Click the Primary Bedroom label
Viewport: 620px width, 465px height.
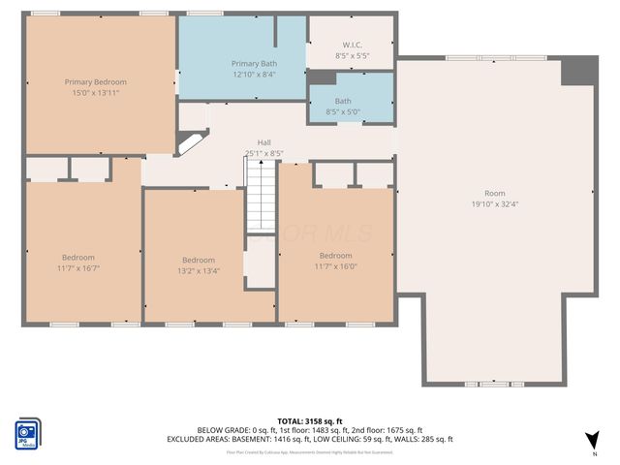click(x=95, y=82)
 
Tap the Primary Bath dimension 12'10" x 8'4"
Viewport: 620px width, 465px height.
click(x=253, y=75)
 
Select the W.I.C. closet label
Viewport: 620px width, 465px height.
click(x=352, y=45)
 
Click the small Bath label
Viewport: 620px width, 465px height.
click(x=343, y=101)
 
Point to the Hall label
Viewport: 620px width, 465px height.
click(x=263, y=142)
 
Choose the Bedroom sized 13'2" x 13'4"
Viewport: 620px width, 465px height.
click(x=199, y=271)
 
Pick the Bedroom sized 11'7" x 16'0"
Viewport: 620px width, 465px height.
click(x=335, y=266)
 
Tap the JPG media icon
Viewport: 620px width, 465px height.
click(x=27, y=433)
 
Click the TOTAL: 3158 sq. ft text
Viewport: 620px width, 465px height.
click(x=310, y=419)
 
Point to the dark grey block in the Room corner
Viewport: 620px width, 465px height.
click(x=579, y=71)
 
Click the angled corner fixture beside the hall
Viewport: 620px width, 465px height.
click(x=190, y=143)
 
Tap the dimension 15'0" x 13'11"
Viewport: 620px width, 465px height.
click(x=95, y=93)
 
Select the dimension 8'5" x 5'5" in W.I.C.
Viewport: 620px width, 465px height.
click(x=352, y=56)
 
